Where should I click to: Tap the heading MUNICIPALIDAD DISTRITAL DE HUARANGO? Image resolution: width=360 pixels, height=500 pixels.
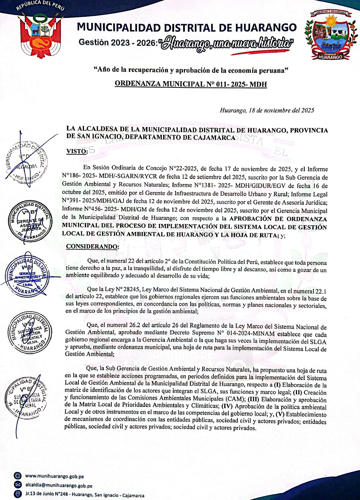(x=187, y=27)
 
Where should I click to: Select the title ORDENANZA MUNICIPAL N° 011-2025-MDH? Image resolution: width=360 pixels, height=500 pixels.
(x=191, y=84)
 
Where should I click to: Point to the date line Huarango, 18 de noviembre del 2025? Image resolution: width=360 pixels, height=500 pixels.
(x=267, y=110)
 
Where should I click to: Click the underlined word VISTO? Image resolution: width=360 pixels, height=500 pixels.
(x=77, y=152)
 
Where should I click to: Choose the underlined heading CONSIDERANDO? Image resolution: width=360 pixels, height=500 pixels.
(x=92, y=246)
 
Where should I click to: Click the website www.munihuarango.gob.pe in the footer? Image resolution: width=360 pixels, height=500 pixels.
(x=55, y=476)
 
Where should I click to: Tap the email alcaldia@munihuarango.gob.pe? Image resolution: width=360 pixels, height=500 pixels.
(x=59, y=486)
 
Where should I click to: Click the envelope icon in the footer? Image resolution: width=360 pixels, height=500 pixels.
(x=17, y=485)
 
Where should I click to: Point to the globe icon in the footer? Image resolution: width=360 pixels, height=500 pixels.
(x=17, y=476)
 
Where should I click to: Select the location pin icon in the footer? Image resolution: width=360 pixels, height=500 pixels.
(x=17, y=494)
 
